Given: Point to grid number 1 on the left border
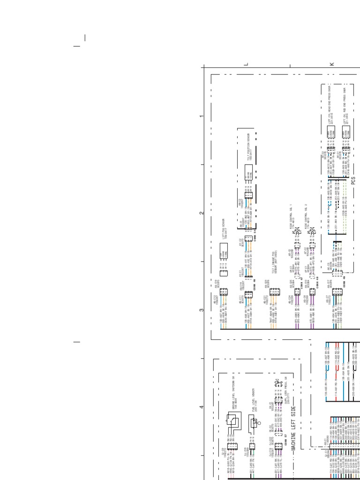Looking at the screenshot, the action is pos(202,116).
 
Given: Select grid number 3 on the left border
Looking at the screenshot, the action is pos(202,310).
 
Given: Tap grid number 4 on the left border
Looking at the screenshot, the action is pos(202,407).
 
